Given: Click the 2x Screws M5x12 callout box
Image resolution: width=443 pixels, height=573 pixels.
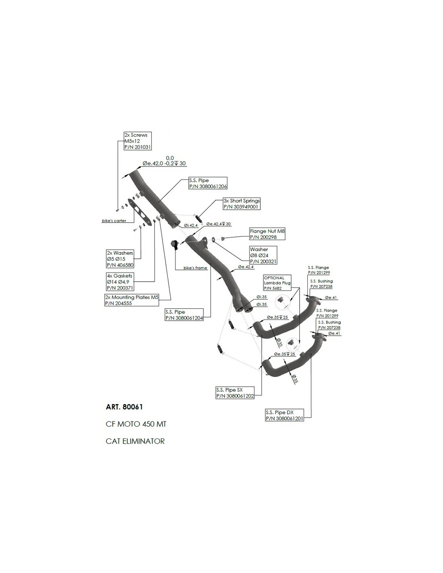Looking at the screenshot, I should click(138, 141).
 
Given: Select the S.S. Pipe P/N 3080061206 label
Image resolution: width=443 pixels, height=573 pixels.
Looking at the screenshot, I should click(208, 184).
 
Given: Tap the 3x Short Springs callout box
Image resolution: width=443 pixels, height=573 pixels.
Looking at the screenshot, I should click(242, 203).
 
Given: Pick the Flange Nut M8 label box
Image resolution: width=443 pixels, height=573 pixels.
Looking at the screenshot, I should click(267, 234).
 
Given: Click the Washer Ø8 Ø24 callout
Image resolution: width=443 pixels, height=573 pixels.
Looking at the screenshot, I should click(263, 255).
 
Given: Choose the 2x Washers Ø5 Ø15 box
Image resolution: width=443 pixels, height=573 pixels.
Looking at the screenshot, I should click(120, 259).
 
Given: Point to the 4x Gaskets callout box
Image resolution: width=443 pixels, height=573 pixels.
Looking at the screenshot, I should click(119, 282).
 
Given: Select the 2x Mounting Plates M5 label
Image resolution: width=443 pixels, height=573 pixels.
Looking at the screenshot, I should click(132, 300).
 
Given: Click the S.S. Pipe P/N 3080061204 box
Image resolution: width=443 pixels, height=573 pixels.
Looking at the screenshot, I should click(184, 315).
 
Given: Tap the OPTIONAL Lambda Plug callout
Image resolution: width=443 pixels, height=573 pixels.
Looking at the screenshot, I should click(277, 283).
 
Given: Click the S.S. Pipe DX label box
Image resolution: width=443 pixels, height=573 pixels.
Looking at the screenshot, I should click(284, 415).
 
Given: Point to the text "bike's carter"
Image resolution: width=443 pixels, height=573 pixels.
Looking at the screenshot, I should click(114, 221).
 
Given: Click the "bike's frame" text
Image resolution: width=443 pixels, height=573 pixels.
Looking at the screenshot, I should click(195, 268).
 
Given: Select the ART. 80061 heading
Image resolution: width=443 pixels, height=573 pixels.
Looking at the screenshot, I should click(124, 407).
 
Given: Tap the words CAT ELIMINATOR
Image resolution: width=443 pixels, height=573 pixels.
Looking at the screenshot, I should click(135, 441).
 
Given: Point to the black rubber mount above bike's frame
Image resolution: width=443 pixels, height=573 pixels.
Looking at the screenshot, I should click(175, 244).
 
